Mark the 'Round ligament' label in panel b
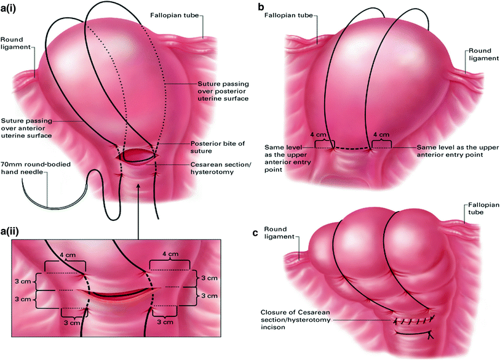tap(480, 55)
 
